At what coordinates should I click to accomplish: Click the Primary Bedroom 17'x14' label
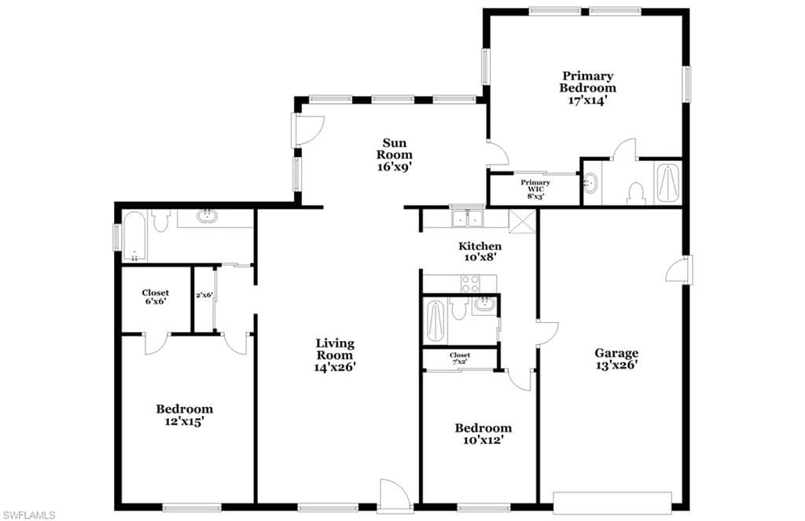[x=587, y=88]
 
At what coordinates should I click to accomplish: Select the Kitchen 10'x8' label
[x=480, y=251]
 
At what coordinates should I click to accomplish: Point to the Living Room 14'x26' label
[x=335, y=354]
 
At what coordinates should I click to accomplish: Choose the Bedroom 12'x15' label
[x=184, y=415]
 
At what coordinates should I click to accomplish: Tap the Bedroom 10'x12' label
[x=483, y=434]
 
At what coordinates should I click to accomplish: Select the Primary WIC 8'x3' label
[x=535, y=189]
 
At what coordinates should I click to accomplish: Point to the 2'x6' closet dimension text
[x=204, y=295]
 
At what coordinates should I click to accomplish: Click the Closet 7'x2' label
[x=460, y=358]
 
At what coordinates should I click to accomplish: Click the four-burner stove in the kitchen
[x=471, y=282]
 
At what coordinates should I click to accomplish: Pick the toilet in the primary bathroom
[x=634, y=191]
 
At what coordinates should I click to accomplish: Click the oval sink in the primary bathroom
[x=590, y=184]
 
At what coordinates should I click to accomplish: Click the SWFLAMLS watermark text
[x=28, y=515]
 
